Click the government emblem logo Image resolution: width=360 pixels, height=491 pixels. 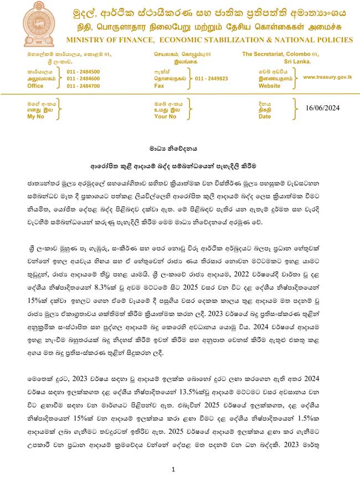40,24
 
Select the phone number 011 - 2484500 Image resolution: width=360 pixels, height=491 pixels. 83,72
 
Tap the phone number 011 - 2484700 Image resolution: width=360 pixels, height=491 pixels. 83,86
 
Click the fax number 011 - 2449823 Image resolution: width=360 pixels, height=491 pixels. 212,79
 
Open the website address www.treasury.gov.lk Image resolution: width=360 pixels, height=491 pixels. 328,77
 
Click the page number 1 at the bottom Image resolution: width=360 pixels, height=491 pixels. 173,470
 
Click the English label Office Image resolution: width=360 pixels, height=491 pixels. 35,86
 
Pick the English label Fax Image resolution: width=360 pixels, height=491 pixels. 160,86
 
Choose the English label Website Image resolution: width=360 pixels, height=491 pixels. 270,86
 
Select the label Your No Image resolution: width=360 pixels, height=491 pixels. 165,117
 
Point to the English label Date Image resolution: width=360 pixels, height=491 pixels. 265,117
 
